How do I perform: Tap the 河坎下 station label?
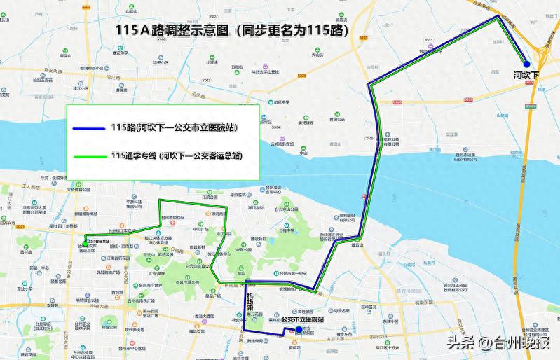tap(526, 74)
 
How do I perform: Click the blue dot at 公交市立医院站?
tap(299, 330)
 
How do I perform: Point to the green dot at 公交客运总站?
tap(86, 244)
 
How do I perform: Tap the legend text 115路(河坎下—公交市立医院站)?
tap(173, 128)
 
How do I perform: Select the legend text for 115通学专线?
tap(176, 155)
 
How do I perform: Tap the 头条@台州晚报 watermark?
tap(498, 342)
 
